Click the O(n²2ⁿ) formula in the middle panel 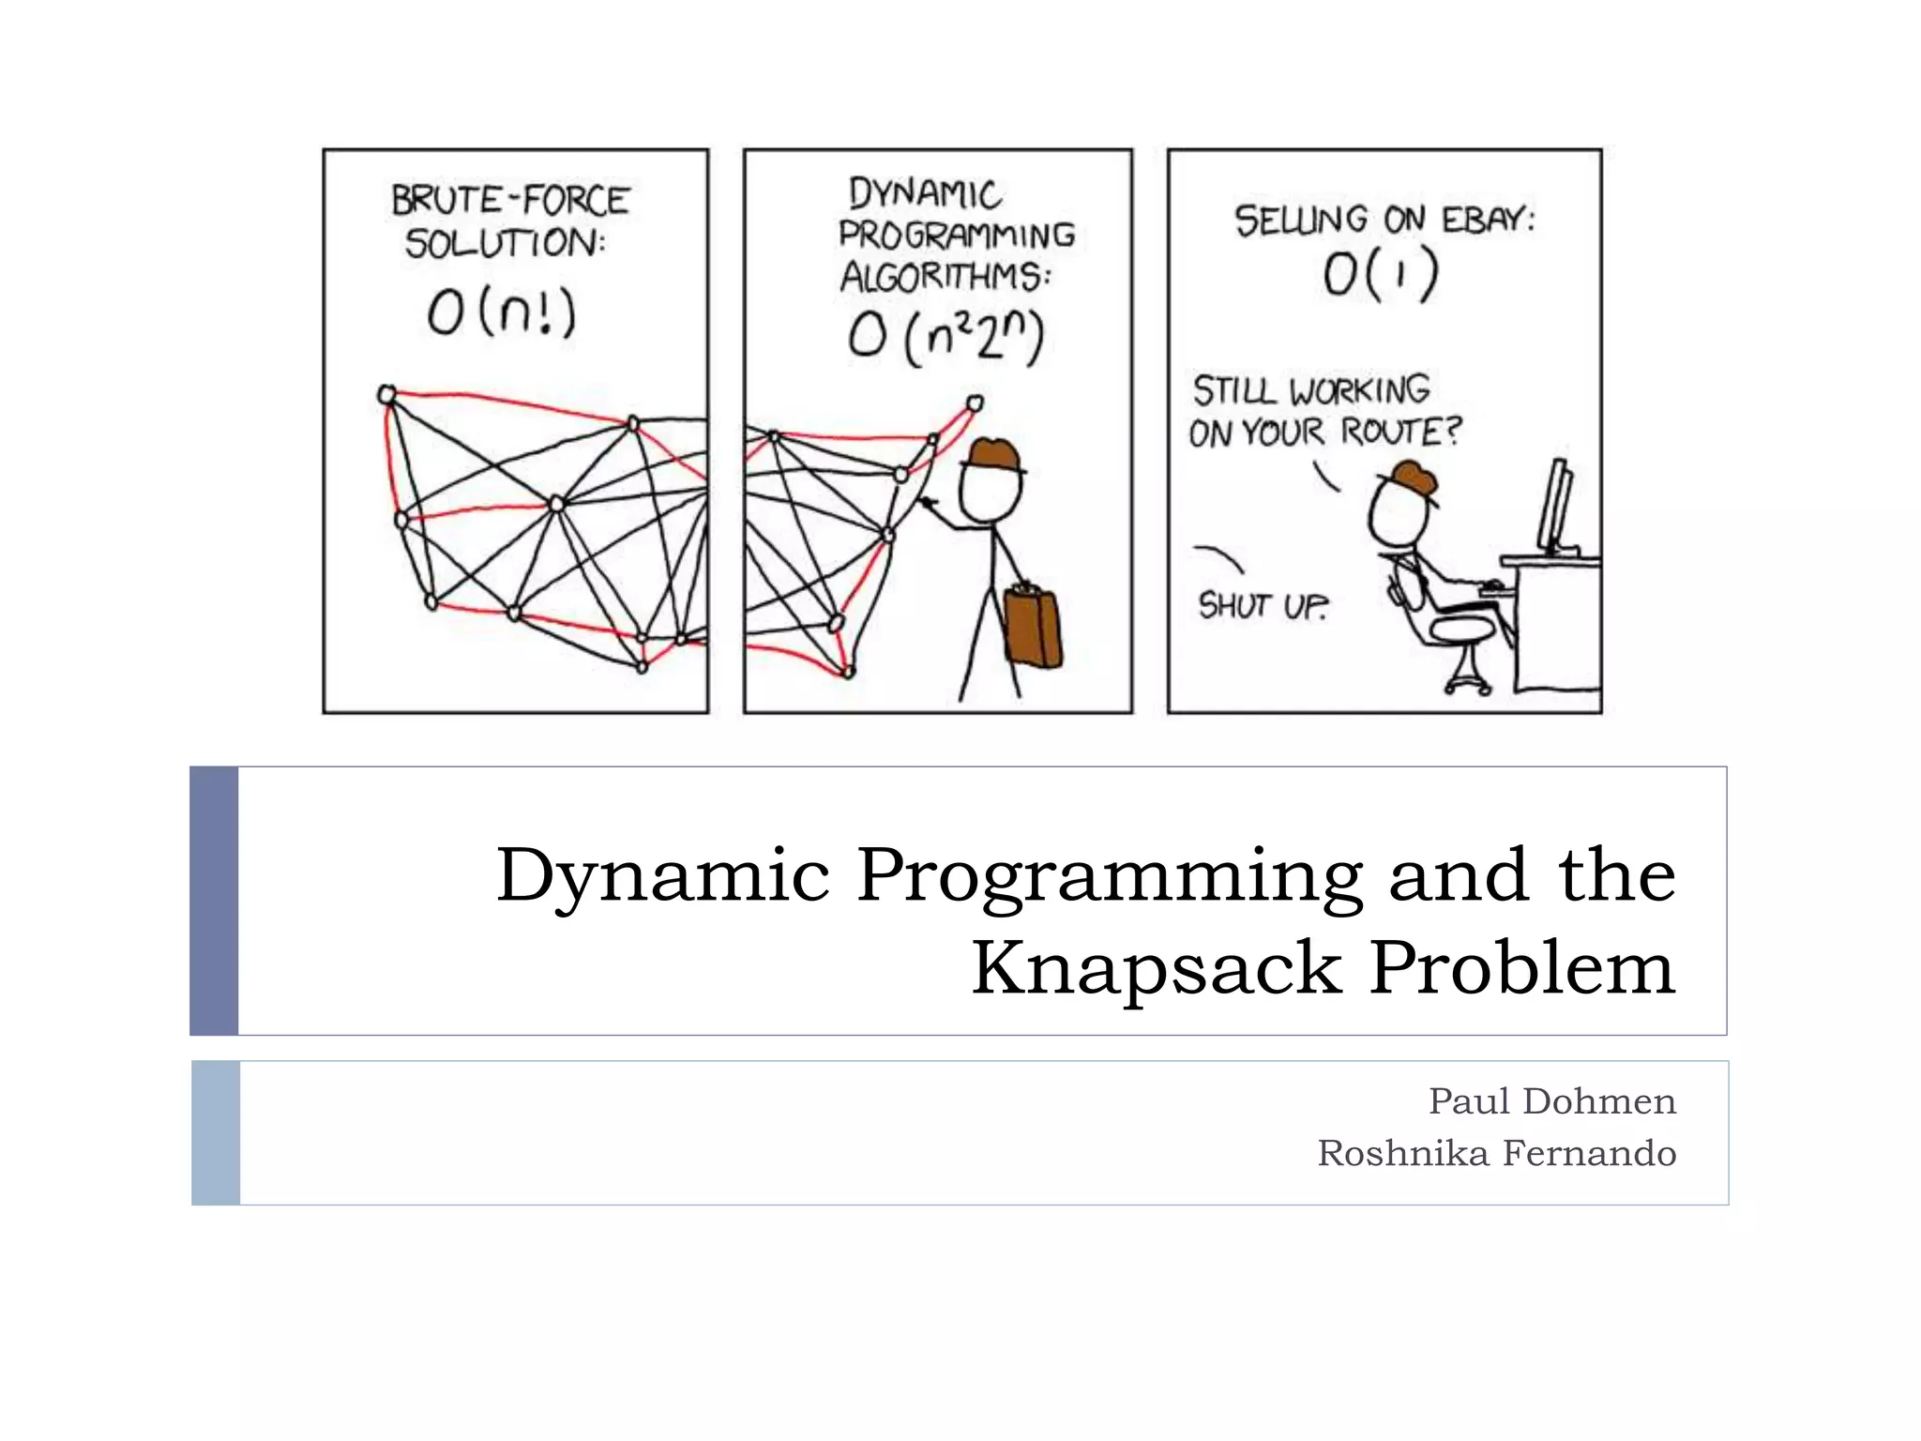(945, 337)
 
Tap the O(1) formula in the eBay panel (1380, 275)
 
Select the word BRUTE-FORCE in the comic (510, 201)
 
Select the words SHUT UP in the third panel (1263, 606)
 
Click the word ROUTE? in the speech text (1400, 432)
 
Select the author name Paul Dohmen (1551, 1100)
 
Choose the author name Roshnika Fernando (1496, 1153)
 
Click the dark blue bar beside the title (214, 901)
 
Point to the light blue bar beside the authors (216, 1132)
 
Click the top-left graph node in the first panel (386, 395)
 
